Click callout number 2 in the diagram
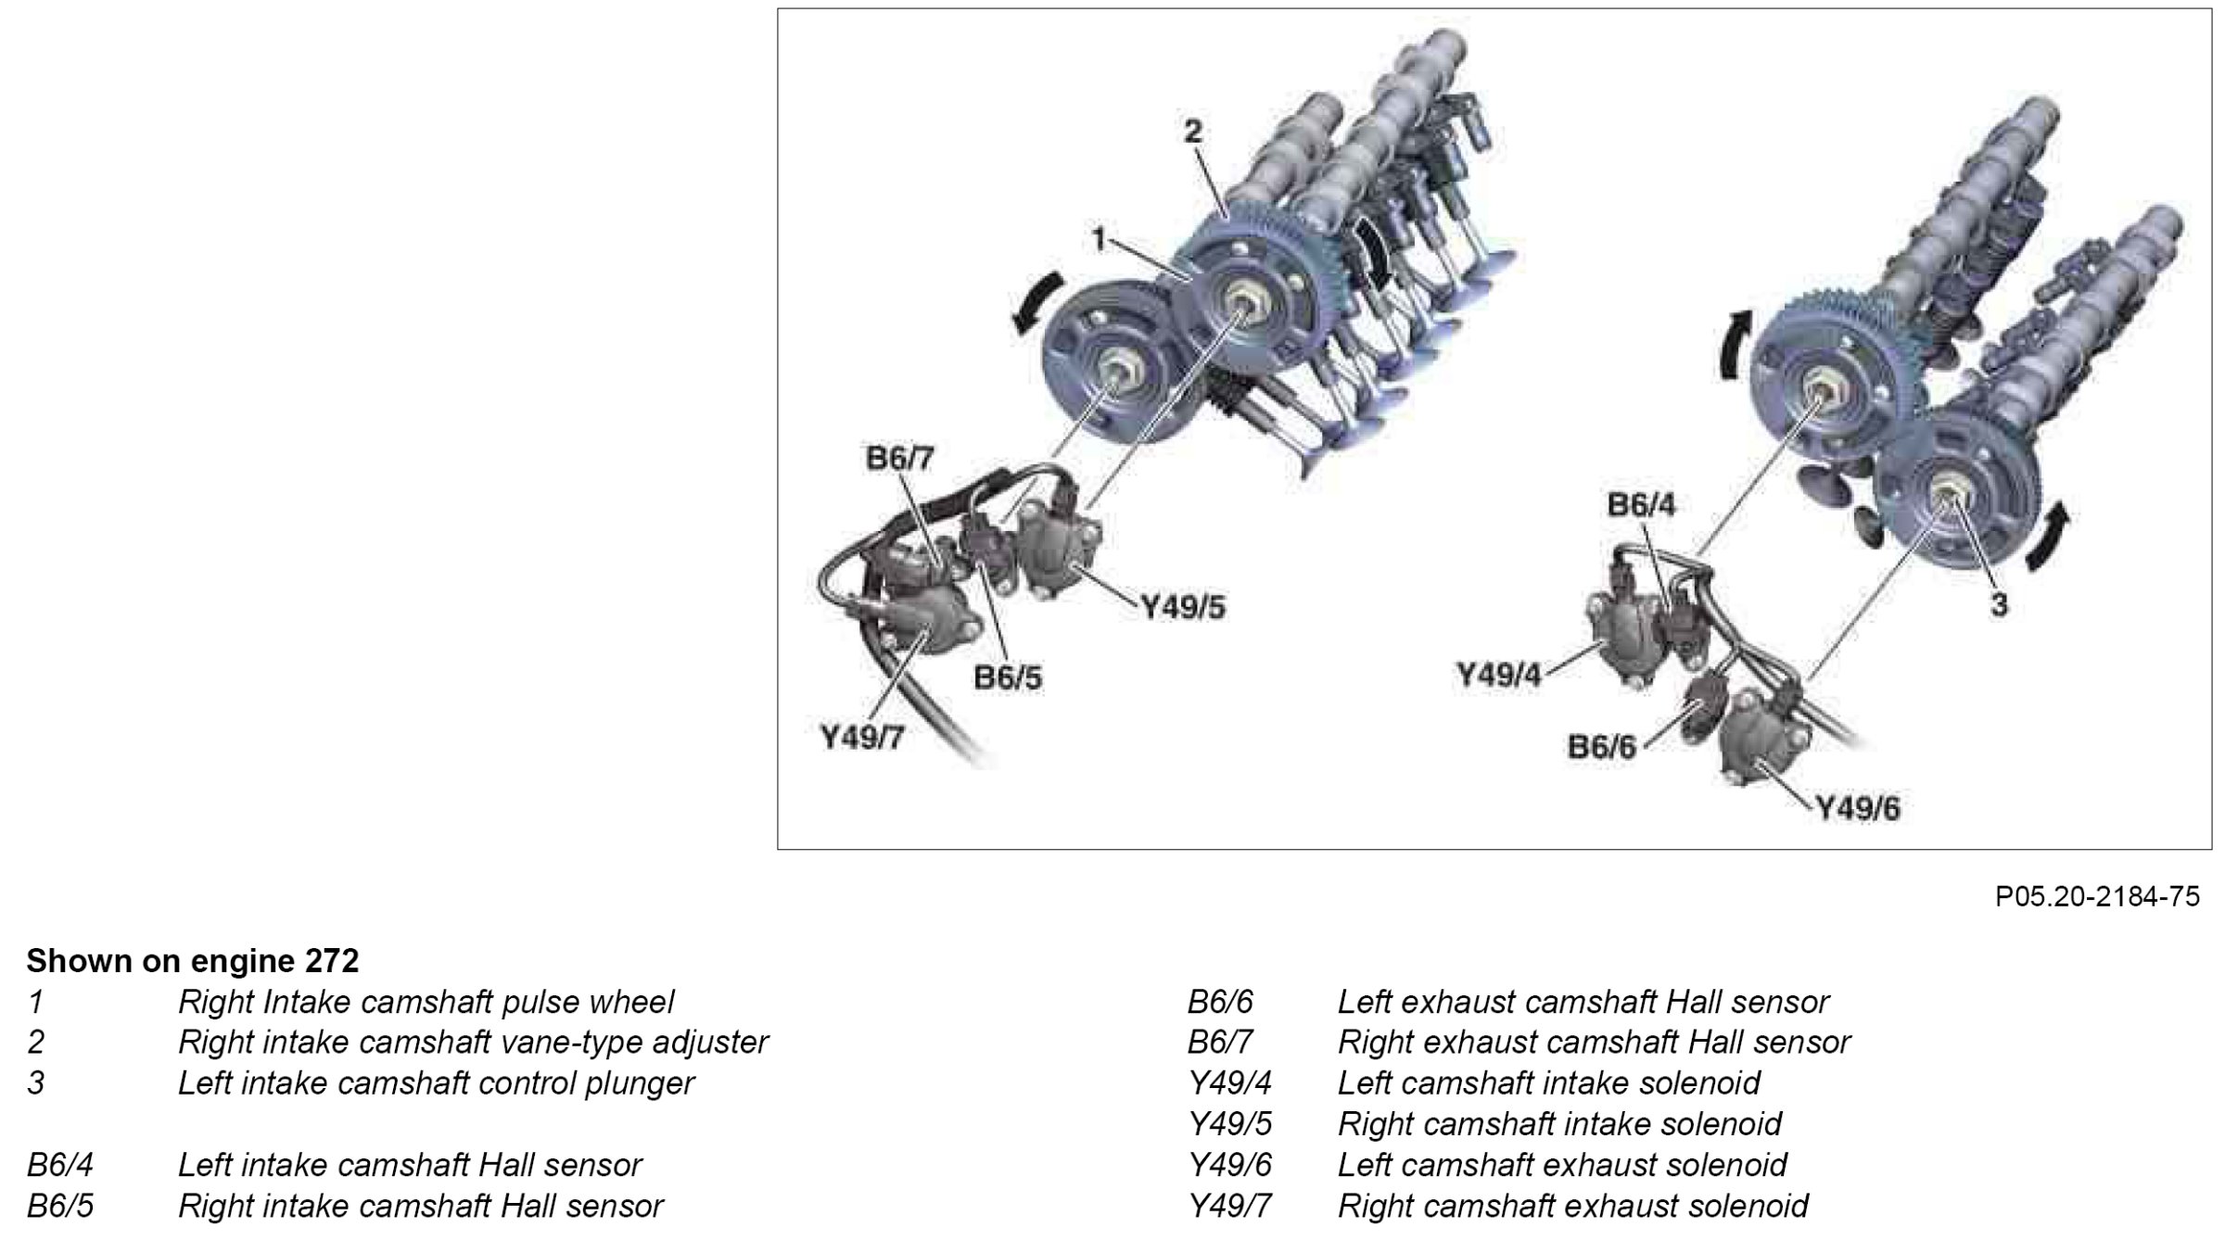[1192, 133]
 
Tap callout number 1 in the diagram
[1099, 240]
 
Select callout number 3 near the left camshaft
[2000, 605]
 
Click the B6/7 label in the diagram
[900, 459]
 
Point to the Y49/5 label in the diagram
[1182, 608]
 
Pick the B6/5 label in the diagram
[1007, 677]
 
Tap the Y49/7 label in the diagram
[861, 739]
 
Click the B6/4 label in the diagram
[1642, 505]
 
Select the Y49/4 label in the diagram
[1498, 676]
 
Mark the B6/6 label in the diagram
[1602, 747]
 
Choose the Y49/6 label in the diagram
[1857, 809]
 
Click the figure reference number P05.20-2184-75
[2097, 896]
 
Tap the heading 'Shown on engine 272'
[192, 961]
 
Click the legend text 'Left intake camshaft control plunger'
[436, 1082]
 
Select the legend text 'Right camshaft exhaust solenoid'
[1572, 1206]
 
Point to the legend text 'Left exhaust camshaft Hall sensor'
[1583, 1002]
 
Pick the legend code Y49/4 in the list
[1230, 1082]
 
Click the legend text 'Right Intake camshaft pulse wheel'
[426, 1002]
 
